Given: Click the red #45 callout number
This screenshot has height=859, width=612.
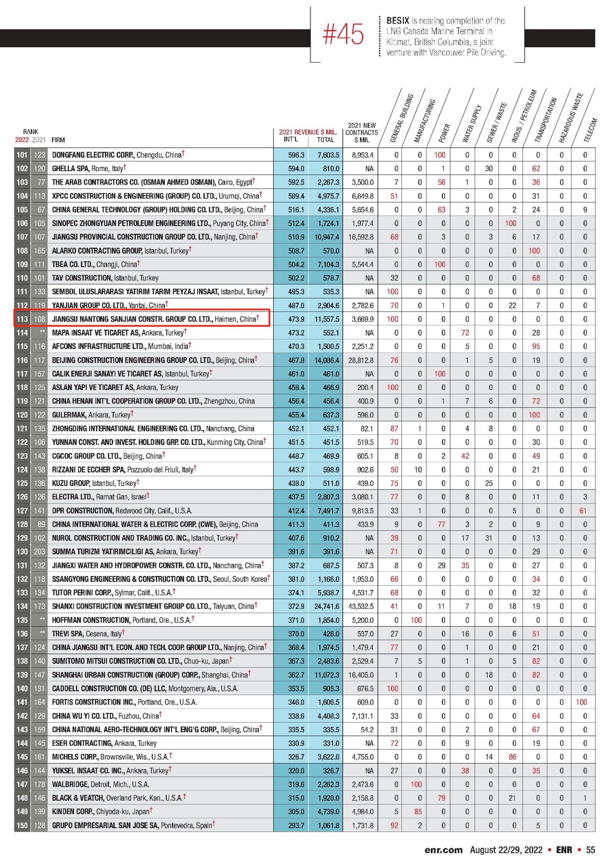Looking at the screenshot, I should click(343, 35).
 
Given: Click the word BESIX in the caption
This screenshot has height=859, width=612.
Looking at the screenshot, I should click(397, 21).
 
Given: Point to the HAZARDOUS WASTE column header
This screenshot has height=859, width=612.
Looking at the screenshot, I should click(571, 118).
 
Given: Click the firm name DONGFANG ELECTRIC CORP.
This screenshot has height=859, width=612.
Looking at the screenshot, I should click(93, 155).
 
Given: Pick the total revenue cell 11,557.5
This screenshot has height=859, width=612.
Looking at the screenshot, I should click(326, 319).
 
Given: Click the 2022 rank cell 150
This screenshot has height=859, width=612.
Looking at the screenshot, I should click(22, 825).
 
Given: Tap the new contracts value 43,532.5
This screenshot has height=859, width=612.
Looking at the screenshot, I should click(361, 606).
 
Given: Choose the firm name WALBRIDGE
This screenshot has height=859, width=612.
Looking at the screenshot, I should click(69, 784).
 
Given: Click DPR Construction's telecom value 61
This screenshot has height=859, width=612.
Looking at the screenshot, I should click(583, 510).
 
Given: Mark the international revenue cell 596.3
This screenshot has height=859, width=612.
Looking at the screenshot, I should click(296, 155).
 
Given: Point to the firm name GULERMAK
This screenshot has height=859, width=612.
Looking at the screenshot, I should click(69, 415).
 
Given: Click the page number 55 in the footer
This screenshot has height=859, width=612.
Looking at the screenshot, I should click(590, 850).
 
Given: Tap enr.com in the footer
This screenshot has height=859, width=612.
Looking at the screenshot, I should click(443, 850).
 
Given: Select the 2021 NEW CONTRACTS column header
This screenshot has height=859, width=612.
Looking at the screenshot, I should click(361, 133).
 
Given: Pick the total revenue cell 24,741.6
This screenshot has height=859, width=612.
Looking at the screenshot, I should click(326, 606).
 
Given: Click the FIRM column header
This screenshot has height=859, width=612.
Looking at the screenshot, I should click(58, 140).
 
